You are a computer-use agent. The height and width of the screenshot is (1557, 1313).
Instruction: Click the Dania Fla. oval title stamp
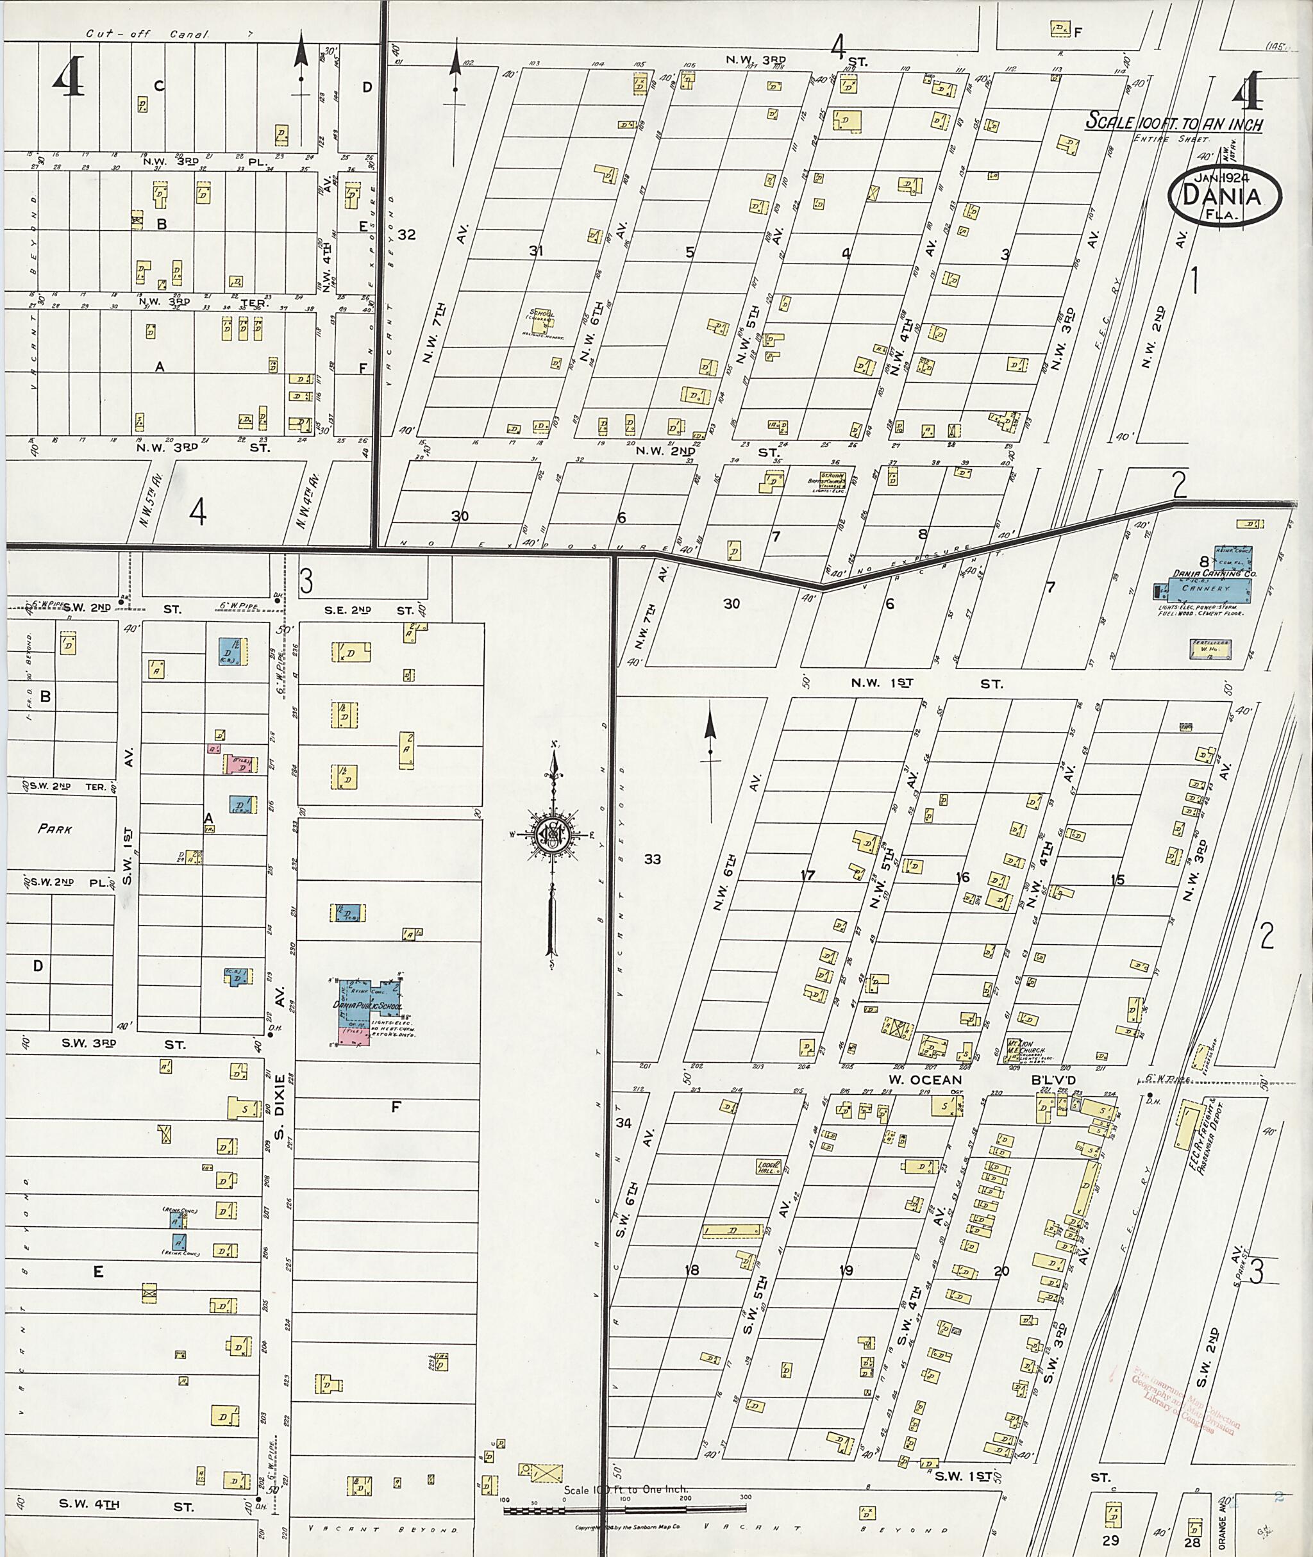[x=1225, y=197]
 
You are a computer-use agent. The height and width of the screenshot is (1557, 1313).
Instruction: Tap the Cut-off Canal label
[x=147, y=34]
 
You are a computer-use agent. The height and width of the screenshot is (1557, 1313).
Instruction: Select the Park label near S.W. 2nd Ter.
[x=55, y=828]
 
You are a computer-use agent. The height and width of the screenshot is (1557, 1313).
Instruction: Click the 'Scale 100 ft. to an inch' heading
[x=1173, y=121]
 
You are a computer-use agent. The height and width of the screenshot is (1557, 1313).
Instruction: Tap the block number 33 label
[x=652, y=860]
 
